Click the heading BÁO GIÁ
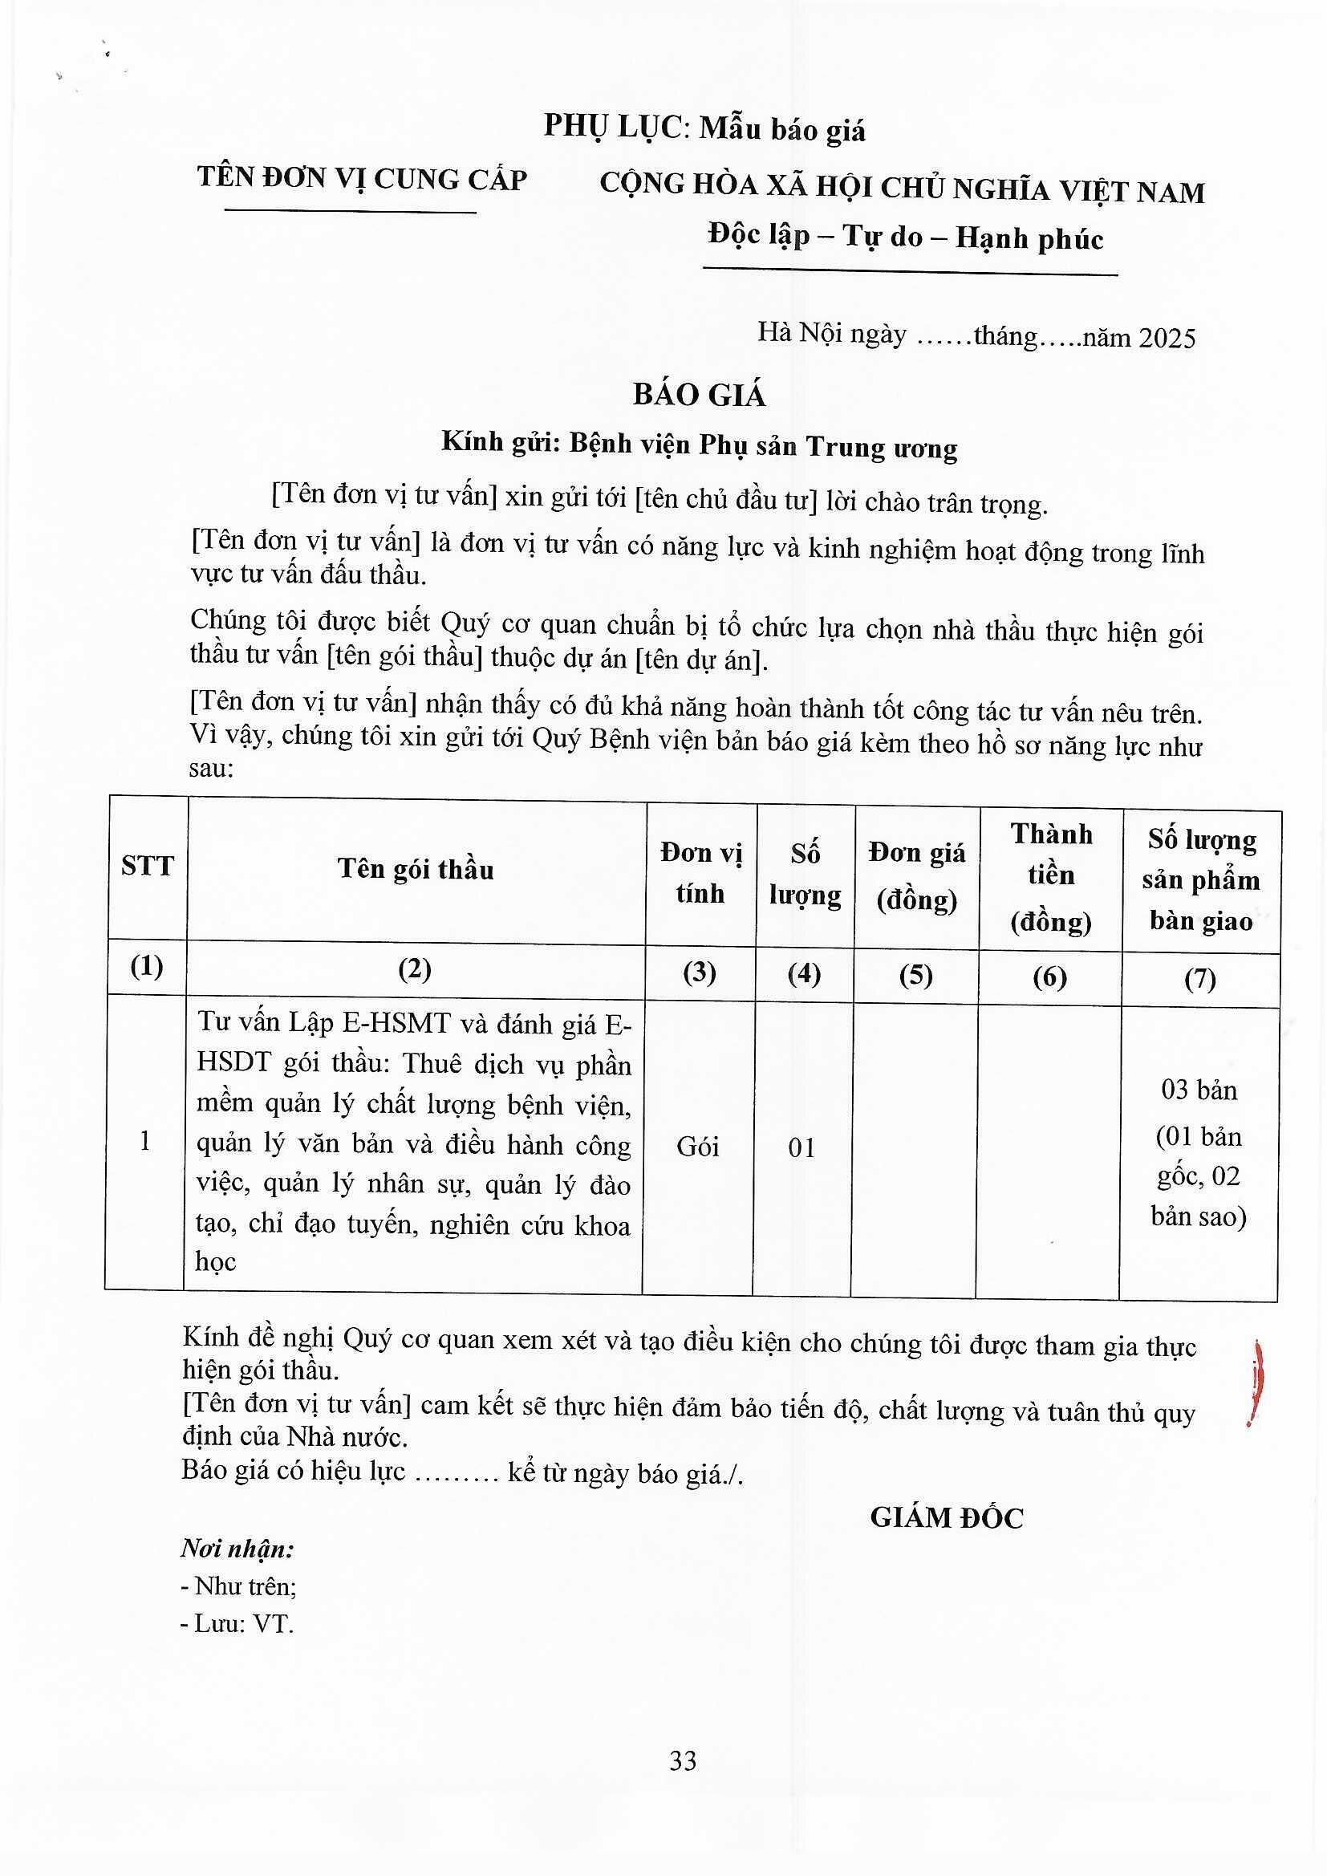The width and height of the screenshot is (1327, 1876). click(x=700, y=396)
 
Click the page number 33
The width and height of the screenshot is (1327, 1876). click(x=683, y=1760)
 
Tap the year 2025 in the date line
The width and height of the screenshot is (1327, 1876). click(x=1167, y=338)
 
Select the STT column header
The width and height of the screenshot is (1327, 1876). click(x=147, y=866)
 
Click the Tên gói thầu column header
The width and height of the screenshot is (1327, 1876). click(x=416, y=869)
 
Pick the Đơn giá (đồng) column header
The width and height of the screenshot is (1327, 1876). click(x=917, y=876)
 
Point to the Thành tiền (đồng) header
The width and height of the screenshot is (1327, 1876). click(x=1051, y=878)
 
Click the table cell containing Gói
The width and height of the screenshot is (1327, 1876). click(x=698, y=1147)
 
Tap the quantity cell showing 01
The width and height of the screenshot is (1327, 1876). click(x=802, y=1148)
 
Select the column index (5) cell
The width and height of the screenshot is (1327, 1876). click(x=916, y=975)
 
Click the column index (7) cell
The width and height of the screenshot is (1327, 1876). click(x=1200, y=978)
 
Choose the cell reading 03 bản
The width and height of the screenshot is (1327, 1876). click(x=1199, y=1089)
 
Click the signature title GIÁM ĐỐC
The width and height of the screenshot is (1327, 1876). click(x=946, y=1518)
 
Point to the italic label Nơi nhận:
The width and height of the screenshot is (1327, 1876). click(x=237, y=1549)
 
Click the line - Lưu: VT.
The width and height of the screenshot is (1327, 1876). click(x=237, y=1623)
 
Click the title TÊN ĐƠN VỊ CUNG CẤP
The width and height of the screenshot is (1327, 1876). click(x=362, y=179)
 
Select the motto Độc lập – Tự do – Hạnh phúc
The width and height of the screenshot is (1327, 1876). click(x=906, y=237)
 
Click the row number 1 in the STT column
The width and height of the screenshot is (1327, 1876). click(x=145, y=1142)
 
